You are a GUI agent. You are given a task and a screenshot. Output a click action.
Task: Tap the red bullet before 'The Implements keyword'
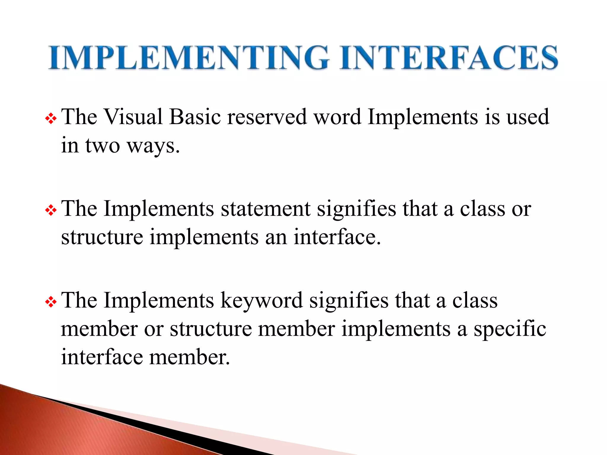coord(51,302)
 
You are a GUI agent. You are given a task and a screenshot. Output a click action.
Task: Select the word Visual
coord(133,117)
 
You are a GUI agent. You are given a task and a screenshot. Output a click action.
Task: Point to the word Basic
coord(195,117)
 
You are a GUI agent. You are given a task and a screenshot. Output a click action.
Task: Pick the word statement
coord(266,209)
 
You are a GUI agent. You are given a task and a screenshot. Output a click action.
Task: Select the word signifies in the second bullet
coord(356,209)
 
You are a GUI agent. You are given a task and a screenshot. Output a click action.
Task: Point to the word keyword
coord(261,300)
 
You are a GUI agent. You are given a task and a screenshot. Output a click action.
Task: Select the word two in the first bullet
coord(103,146)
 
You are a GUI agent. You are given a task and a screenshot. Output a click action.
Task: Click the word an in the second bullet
coord(276,238)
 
